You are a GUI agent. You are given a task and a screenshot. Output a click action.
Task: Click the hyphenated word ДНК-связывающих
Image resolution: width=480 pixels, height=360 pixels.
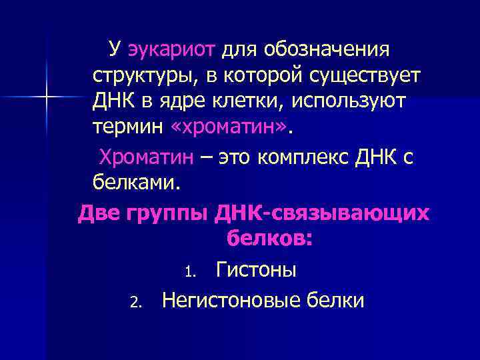coord(323,213)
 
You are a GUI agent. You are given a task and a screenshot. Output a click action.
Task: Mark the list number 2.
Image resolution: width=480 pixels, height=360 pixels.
coord(135,302)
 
